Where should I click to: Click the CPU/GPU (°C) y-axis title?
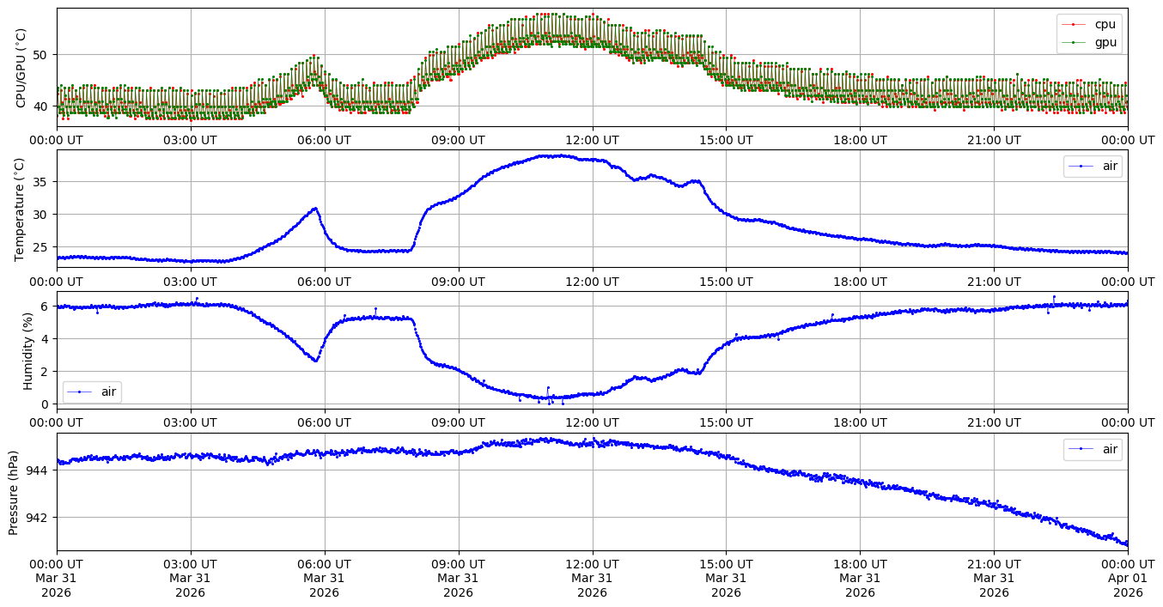coord(21,68)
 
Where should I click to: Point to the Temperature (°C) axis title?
coord(21,209)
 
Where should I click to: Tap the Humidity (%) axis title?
coord(27,350)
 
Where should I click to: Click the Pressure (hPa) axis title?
coord(14,492)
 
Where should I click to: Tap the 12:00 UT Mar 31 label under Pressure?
coord(592,578)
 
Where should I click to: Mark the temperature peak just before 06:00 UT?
coord(315,208)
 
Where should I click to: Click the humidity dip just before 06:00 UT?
coord(315,361)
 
